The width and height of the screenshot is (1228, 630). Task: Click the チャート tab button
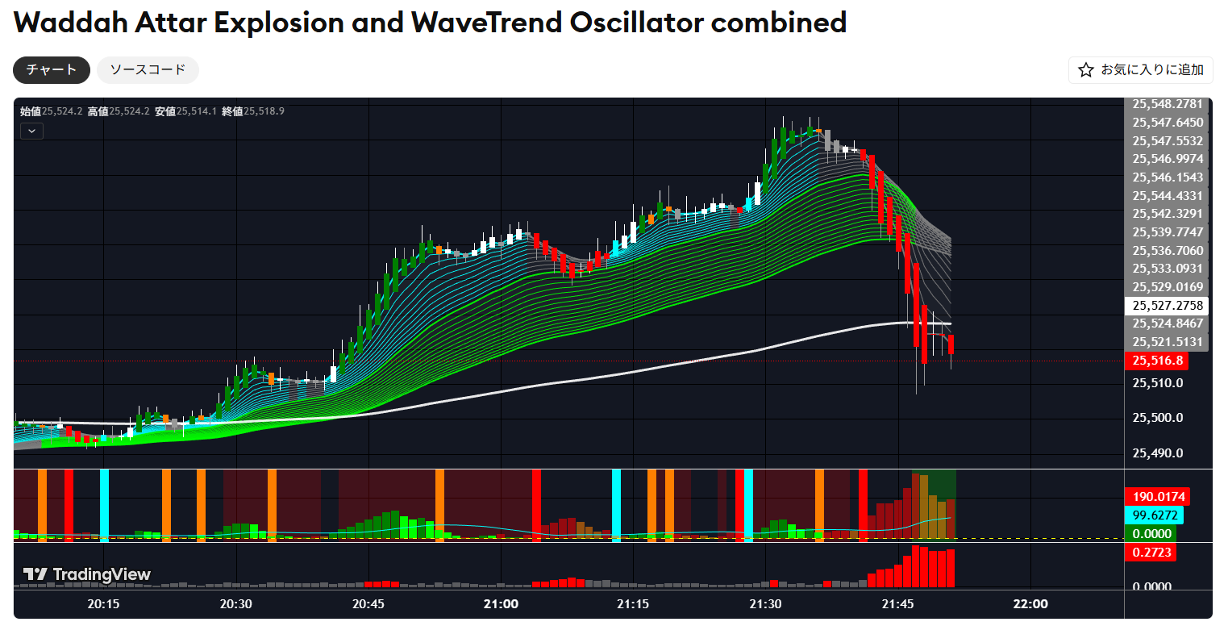coord(52,70)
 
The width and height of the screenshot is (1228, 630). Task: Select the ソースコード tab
coord(148,70)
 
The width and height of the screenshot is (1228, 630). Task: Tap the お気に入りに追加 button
coord(1140,70)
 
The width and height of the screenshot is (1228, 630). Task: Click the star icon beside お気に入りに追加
coord(1086,70)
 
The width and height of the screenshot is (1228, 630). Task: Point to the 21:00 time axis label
coord(501,604)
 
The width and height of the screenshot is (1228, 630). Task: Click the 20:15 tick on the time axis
coord(103,604)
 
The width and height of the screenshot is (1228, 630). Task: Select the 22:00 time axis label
coord(1030,604)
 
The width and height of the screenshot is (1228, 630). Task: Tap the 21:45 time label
coord(897,604)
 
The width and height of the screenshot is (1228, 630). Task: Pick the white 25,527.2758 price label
coord(1167,306)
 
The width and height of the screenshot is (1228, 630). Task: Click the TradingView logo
coord(86,574)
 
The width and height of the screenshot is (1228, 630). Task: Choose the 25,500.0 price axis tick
coord(1158,418)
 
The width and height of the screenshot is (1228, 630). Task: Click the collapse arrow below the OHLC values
coord(31,131)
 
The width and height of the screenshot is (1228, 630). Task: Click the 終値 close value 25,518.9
coord(264,111)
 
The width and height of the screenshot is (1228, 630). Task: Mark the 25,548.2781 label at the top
coord(1167,104)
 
